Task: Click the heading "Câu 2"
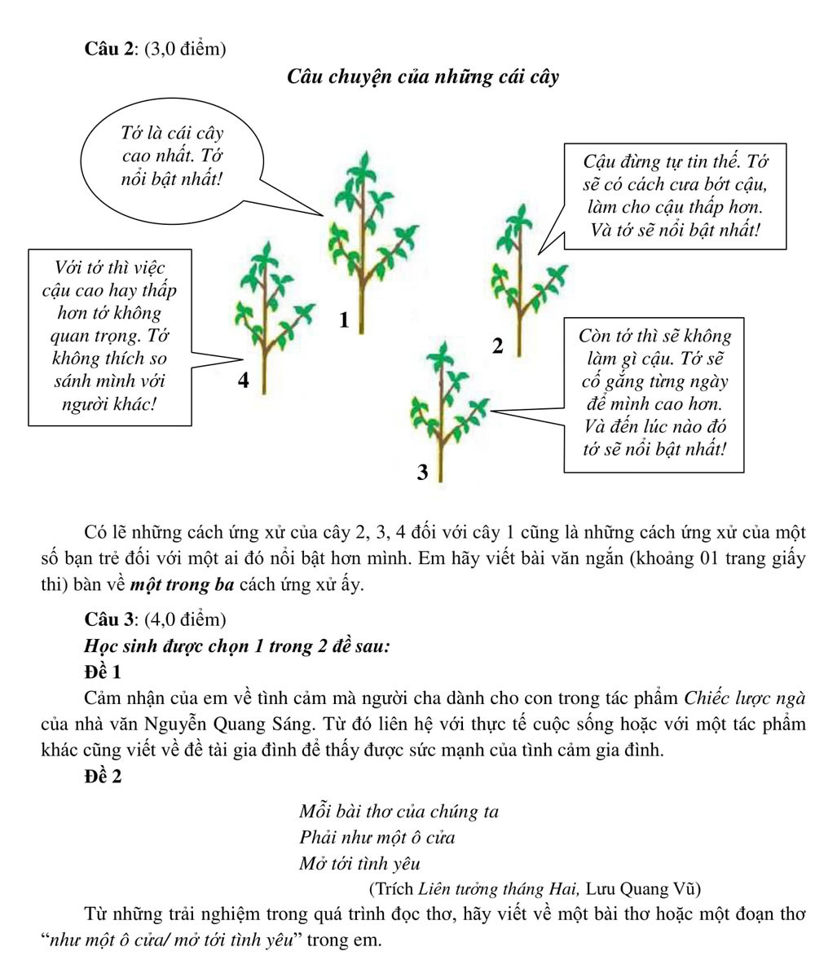pos(108,49)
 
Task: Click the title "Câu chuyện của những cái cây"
pos(423,77)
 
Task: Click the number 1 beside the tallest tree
pos(344,320)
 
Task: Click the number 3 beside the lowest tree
pos(422,472)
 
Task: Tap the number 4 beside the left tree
pos(243,380)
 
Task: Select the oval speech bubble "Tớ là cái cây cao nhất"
pos(172,156)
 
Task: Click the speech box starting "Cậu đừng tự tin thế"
pos(675,196)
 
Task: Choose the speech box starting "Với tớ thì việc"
pos(110,337)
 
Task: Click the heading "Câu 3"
pos(108,619)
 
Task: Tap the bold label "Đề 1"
pos(103,672)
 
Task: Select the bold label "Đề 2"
pos(103,776)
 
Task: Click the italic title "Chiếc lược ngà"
pos(745,698)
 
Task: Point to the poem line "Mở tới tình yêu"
pos(359,863)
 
